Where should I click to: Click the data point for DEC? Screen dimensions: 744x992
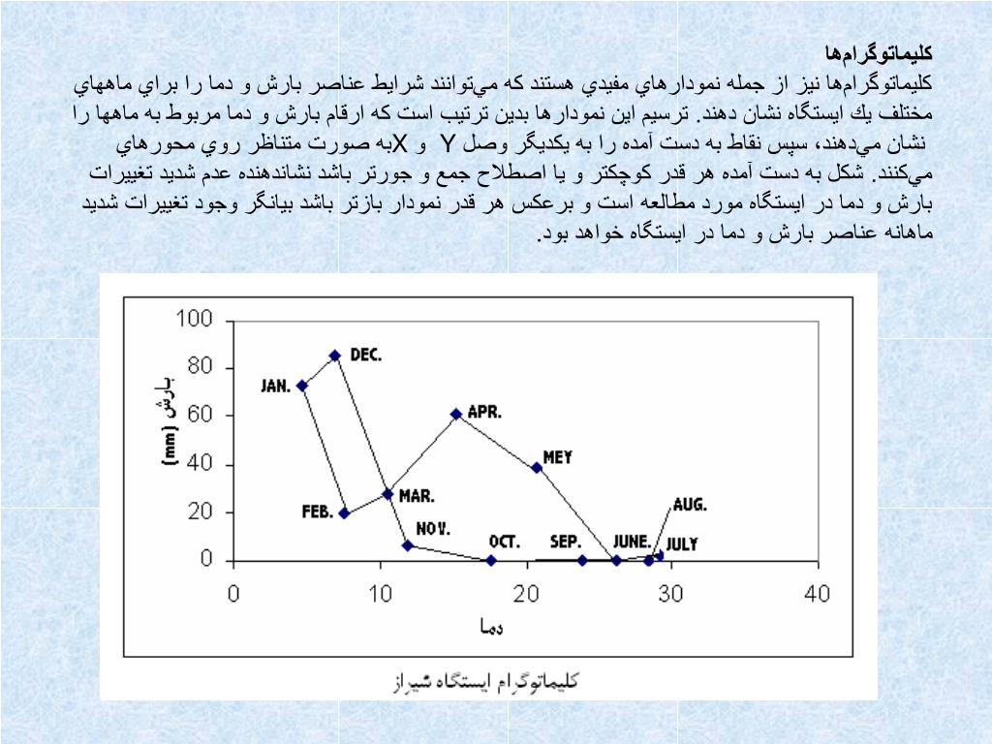click(x=335, y=356)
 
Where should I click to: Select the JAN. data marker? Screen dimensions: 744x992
click(x=302, y=386)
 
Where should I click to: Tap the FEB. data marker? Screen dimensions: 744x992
click(x=344, y=513)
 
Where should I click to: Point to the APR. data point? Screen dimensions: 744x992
click(x=456, y=414)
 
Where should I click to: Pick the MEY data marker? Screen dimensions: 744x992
click(x=537, y=468)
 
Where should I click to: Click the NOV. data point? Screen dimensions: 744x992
click(x=408, y=545)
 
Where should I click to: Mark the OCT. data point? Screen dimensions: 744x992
click(x=491, y=560)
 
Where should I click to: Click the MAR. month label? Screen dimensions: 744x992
click(x=417, y=496)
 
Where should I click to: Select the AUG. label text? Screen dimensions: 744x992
click(x=690, y=505)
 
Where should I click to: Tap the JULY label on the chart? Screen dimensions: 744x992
click(x=682, y=544)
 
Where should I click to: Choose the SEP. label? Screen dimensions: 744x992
click(x=566, y=542)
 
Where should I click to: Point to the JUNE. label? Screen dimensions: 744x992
click(x=632, y=542)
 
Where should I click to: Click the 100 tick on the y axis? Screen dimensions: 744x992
click(x=194, y=320)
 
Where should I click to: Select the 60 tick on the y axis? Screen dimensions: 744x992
click(x=200, y=416)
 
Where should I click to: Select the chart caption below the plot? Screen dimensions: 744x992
click(x=484, y=682)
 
